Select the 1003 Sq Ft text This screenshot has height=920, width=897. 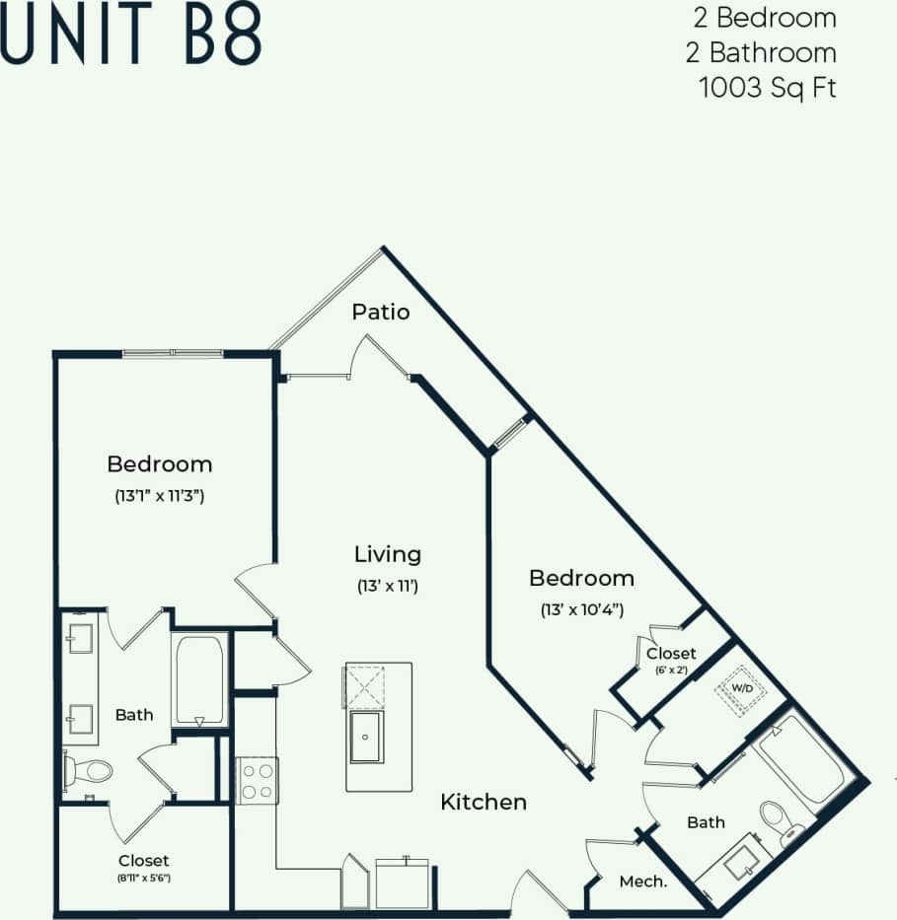(x=767, y=87)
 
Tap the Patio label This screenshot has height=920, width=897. (x=381, y=313)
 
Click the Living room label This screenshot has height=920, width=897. (x=388, y=554)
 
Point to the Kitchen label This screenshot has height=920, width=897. (x=483, y=802)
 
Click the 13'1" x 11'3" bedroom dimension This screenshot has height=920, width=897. (x=159, y=496)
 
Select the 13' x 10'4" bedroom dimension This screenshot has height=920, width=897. (x=581, y=609)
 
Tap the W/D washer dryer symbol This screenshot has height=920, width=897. (x=740, y=687)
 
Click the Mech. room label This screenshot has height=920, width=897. (x=642, y=882)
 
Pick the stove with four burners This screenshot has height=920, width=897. (x=258, y=780)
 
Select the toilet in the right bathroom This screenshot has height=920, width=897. (x=776, y=821)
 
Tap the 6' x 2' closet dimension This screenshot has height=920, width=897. (x=670, y=670)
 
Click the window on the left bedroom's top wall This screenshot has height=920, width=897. (x=172, y=353)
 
